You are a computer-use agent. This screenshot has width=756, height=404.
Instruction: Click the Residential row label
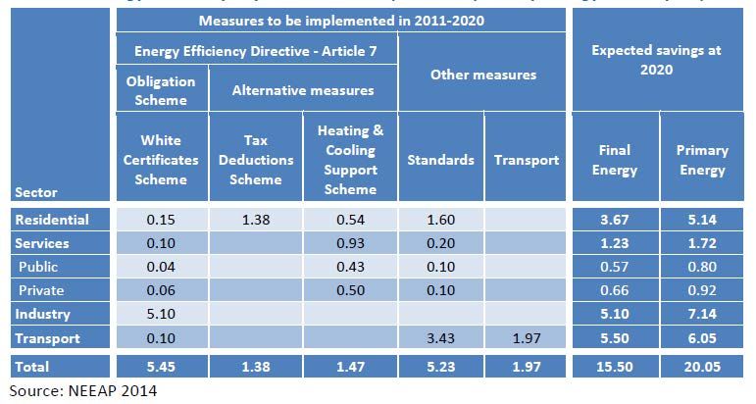(x=53, y=220)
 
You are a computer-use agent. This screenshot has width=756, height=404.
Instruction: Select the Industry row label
(x=45, y=314)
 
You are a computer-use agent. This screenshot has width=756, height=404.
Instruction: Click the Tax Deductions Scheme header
(x=255, y=160)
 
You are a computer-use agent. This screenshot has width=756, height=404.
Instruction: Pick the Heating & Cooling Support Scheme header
(x=350, y=160)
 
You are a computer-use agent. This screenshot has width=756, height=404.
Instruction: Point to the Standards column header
(x=441, y=160)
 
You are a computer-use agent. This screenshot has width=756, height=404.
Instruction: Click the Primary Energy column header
(x=702, y=160)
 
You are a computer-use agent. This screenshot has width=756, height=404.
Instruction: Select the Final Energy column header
(x=616, y=160)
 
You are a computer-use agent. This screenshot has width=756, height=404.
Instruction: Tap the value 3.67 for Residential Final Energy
(x=616, y=220)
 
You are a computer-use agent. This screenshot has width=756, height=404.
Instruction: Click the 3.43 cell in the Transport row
(x=441, y=337)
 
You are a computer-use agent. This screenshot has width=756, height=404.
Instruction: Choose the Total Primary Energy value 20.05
(x=702, y=367)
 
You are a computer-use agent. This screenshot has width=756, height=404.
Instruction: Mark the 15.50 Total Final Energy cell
(x=616, y=367)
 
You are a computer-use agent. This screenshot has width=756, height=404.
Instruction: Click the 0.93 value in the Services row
(x=350, y=243)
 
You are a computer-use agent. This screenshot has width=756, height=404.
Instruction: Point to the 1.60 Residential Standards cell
(x=441, y=220)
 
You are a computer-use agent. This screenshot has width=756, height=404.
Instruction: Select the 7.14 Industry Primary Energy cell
(x=702, y=314)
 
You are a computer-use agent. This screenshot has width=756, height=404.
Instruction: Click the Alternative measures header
(x=303, y=90)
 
